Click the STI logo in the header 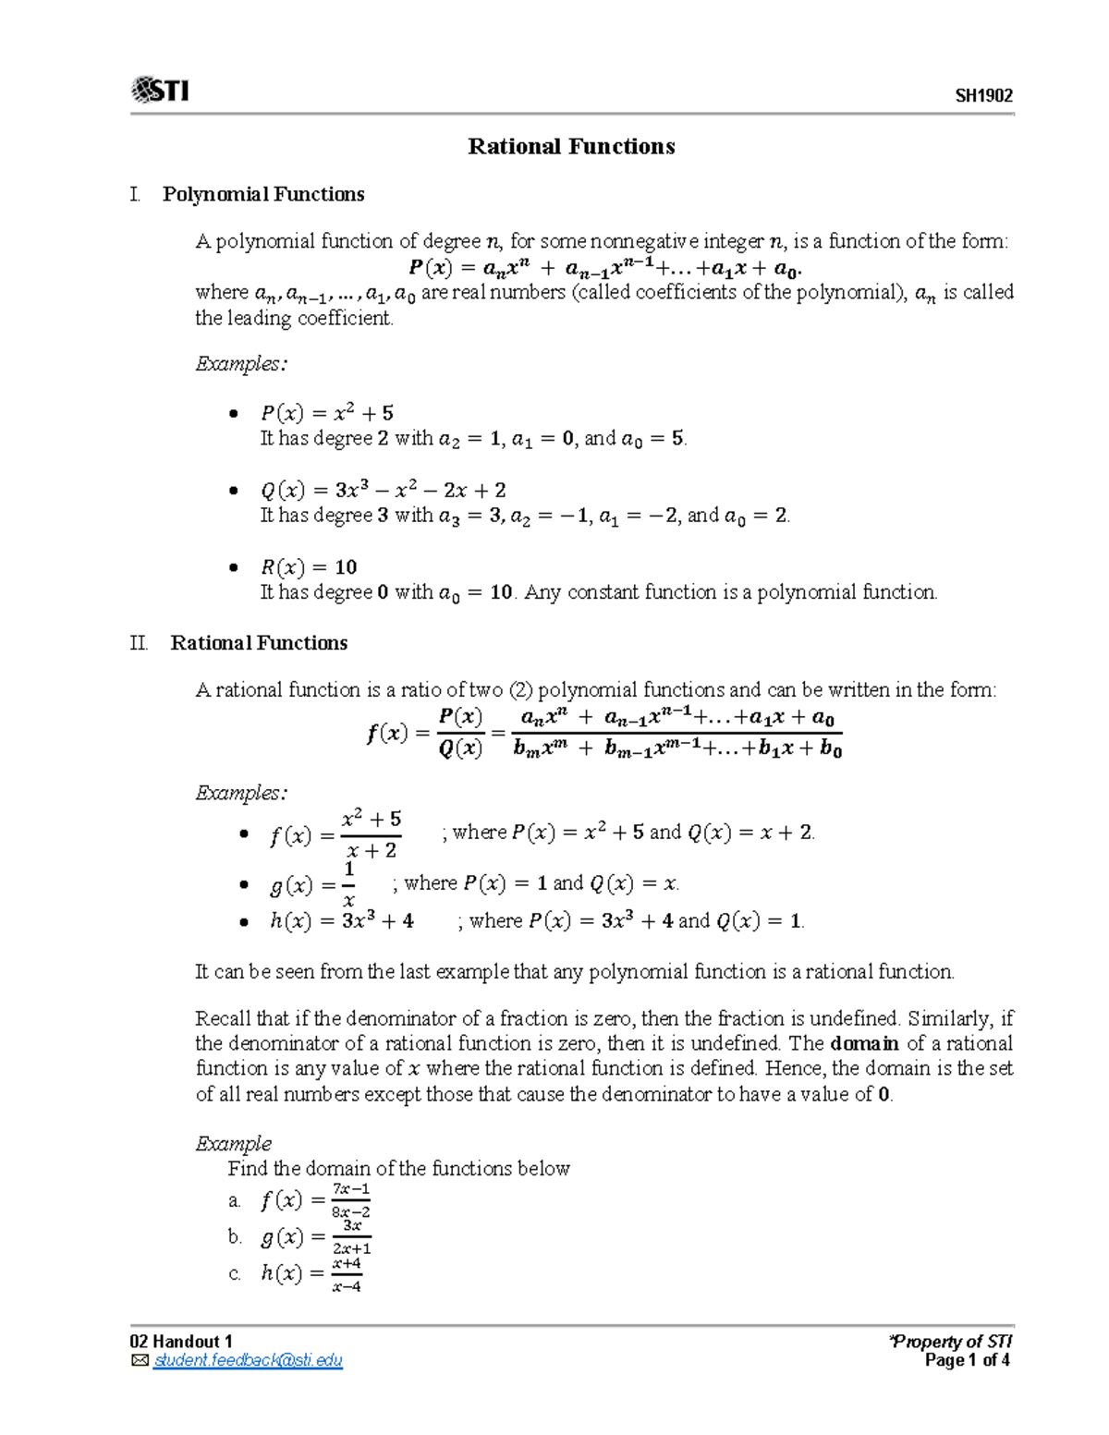pos(161,91)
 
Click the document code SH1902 pos(983,96)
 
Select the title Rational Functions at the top pos(571,146)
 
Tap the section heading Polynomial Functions pos(263,194)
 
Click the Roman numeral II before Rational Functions pos(139,643)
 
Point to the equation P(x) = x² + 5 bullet pos(327,413)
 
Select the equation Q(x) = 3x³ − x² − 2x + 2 pos(384,490)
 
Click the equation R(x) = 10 pos(309,566)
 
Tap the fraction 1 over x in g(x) pos(348,884)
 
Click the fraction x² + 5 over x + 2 pos(371,834)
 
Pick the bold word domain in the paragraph pos(864,1043)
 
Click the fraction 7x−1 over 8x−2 pos(351,1200)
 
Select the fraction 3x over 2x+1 pos(351,1237)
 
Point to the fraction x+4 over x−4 pos(347,1274)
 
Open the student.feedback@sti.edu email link pos(248,1360)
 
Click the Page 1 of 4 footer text pos(967,1360)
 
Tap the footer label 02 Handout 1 pos(181,1342)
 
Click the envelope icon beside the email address pos(140,1360)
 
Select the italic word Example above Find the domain pos(233,1143)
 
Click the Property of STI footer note pos(951,1342)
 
